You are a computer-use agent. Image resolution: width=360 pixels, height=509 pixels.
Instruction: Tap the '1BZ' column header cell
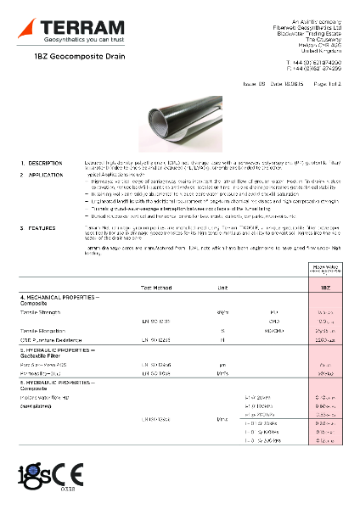coord(325,288)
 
